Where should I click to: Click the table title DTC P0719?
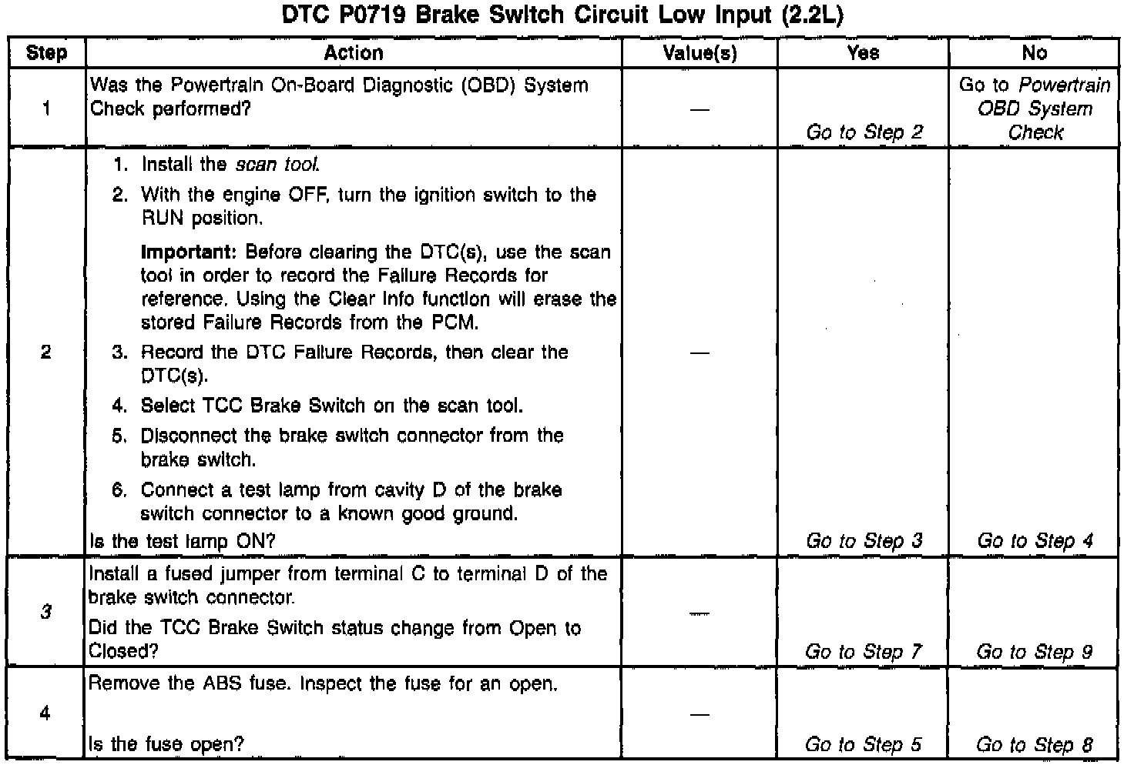562,16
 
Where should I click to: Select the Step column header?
46,53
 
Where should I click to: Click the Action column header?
354,53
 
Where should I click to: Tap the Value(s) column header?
700,53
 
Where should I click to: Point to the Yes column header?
863,53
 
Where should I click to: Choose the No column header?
1034,53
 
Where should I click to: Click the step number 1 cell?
46,109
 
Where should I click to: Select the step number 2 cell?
46,352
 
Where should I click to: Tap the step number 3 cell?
46,613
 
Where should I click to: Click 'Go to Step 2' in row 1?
864,132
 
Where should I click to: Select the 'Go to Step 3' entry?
864,541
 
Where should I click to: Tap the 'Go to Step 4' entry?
1035,541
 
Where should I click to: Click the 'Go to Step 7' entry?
863,652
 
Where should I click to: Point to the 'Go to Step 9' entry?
1034,652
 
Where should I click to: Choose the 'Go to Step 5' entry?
863,744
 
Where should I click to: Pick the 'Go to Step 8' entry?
1034,744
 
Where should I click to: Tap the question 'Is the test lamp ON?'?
182,541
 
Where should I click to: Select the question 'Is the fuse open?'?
166,744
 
